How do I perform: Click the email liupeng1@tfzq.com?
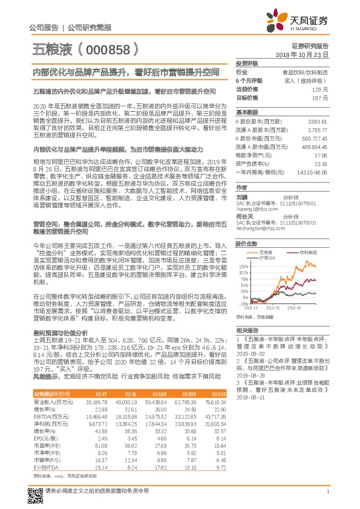[x=254, y=191]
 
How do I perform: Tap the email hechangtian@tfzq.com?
[x=258, y=212]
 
